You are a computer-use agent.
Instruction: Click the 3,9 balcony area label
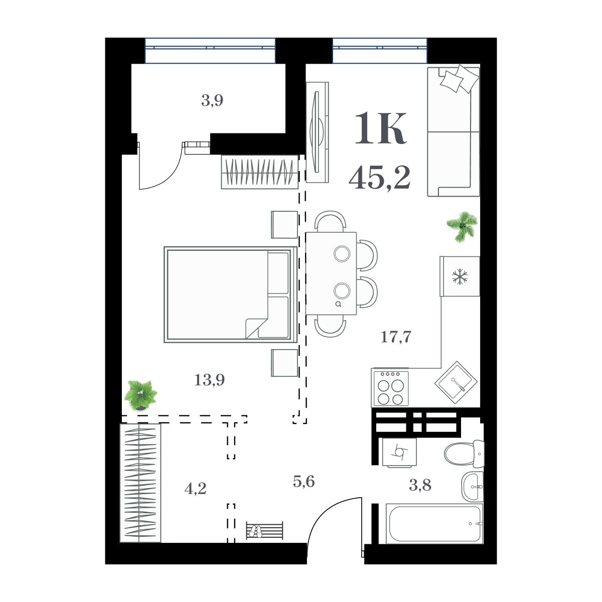[x=212, y=101]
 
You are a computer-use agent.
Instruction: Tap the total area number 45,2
[x=380, y=178]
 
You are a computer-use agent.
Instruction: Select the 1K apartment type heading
[x=380, y=129]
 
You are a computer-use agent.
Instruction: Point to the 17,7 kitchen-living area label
[x=396, y=337]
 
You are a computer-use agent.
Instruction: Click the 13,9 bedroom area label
[x=209, y=380]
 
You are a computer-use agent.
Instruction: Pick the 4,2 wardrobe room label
[x=196, y=488]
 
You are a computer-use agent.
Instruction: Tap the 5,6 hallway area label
[x=304, y=482]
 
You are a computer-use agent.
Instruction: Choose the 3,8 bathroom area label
[x=420, y=485]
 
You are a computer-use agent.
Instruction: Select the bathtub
[x=434, y=524]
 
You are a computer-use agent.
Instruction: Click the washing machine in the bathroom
[x=399, y=452]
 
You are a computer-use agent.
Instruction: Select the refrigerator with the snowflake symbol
[x=460, y=276]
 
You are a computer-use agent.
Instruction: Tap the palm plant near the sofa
[x=462, y=226]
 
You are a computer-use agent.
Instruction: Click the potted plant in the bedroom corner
[x=140, y=395]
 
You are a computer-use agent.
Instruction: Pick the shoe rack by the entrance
[x=264, y=530]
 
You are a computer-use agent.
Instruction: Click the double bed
[x=230, y=294]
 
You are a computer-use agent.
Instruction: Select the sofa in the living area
[x=454, y=131]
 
